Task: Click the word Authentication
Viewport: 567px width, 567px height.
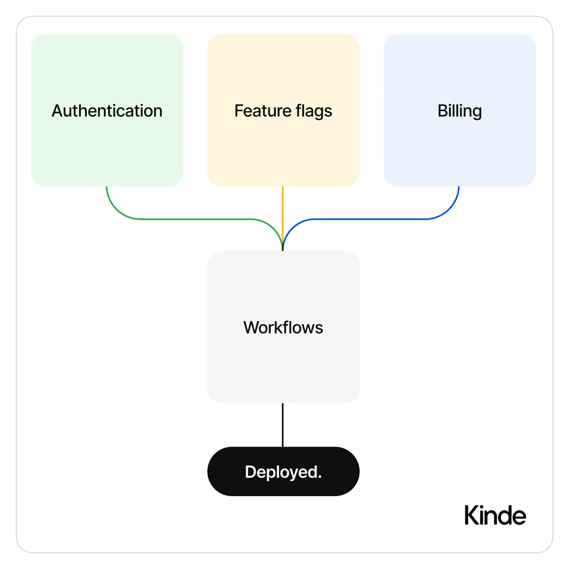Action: pos(107,111)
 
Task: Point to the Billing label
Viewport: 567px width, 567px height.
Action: pos(459,111)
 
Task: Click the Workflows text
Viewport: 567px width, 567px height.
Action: pos(283,327)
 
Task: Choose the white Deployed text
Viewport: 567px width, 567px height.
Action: pos(282,472)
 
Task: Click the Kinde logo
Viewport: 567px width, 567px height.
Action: pos(495,515)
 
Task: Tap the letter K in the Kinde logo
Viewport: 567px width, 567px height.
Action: pos(471,515)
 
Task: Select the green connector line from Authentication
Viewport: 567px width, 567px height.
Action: pos(189,219)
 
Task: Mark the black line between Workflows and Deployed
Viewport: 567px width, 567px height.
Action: pos(283,425)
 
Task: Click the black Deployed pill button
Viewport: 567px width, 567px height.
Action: pos(227,472)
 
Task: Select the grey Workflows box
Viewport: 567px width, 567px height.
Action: pos(283,369)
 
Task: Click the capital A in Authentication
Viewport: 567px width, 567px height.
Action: pos(57,111)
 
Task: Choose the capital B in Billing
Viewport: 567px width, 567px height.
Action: pos(442,111)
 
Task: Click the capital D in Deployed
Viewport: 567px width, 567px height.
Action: pos(250,472)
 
